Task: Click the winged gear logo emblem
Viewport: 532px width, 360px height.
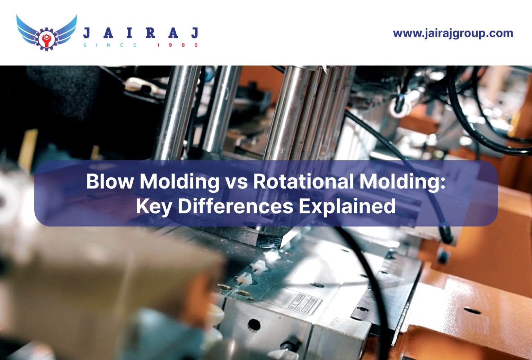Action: tap(46, 33)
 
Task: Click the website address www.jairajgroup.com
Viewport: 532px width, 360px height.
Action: tap(453, 33)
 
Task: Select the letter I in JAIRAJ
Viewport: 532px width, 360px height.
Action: tap(129, 33)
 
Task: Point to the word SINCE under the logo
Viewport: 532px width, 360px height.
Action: tap(110, 45)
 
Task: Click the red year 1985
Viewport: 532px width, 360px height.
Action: tap(177, 45)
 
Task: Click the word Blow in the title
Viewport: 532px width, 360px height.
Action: tap(110, 181)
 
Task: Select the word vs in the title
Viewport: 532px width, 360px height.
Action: tap(236, 181)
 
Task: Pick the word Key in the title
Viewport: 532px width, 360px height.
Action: tap(154, 206)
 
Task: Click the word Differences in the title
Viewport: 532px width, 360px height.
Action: tap(236, 206)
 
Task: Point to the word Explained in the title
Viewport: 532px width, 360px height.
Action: tap(347, 206)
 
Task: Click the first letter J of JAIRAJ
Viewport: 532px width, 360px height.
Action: tap(87, 33)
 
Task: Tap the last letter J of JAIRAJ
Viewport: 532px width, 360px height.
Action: tap(195, 33)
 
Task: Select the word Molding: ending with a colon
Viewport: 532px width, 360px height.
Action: tap(402, 181)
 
